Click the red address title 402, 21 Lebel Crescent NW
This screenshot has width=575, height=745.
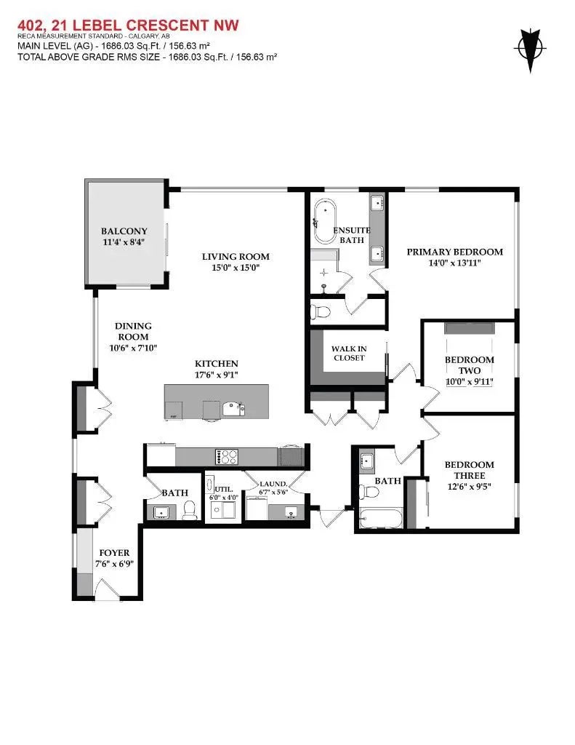click(127, 26)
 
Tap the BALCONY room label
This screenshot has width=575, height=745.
click(124, 231)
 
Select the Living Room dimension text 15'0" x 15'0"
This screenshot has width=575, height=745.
click(235, 268)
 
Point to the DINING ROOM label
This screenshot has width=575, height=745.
click(132, 332)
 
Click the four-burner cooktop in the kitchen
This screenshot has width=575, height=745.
click(228, 457)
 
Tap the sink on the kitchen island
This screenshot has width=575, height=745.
click(233, 409)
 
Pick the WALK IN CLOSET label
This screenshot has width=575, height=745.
click(349, 353)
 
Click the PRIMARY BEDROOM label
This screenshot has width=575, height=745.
click(454, 252)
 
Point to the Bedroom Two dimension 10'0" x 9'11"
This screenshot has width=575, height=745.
click(469, 381)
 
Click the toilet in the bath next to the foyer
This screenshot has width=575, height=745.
click(189, 511)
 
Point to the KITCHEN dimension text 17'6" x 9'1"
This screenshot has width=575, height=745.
click(216, 375)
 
